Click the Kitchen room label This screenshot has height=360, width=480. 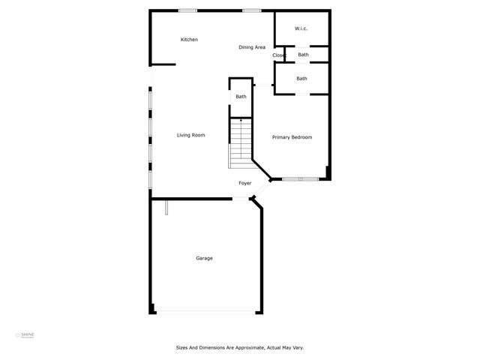pyautogui.click(x=189, y=40)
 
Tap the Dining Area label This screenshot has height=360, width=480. pyautogui.click(x=252, y=47)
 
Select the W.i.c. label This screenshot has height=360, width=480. pyautogui.click(x=301, y=29)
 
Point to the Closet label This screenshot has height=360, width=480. pyautogui.click(x=279, y=55)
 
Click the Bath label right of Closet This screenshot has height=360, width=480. pyautogui.click(x=303, y=55)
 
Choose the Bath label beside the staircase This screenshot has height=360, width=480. pyautogui.click(x=241, y=97)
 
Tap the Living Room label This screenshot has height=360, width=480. pyautogui.click(x=190, y=135)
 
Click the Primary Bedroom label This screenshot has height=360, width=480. pyautogui.click(x=292, y=137)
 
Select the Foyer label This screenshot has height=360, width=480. pyautogui.click(x=244, y=183)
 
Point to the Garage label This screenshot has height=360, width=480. pyautogui.click(x=204, y=258)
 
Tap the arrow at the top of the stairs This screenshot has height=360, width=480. pyautogui.click(x=241, y=120)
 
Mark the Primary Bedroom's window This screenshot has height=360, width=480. pyautogui.click(x=300, y=179)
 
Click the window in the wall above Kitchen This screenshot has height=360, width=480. pyautogui.click(x=187, y=10)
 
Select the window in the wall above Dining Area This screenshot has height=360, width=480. pyautogui.click(x=252, y=10)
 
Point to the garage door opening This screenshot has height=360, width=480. pyautogui.click(x=205, y=313)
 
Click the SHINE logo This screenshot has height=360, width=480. pyautogui.click(x=27, y=334)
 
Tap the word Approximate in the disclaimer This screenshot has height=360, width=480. pyautogui.click(x=238, y=347)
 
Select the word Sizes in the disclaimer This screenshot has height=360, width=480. pyautogui.click(x=182, y=347)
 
